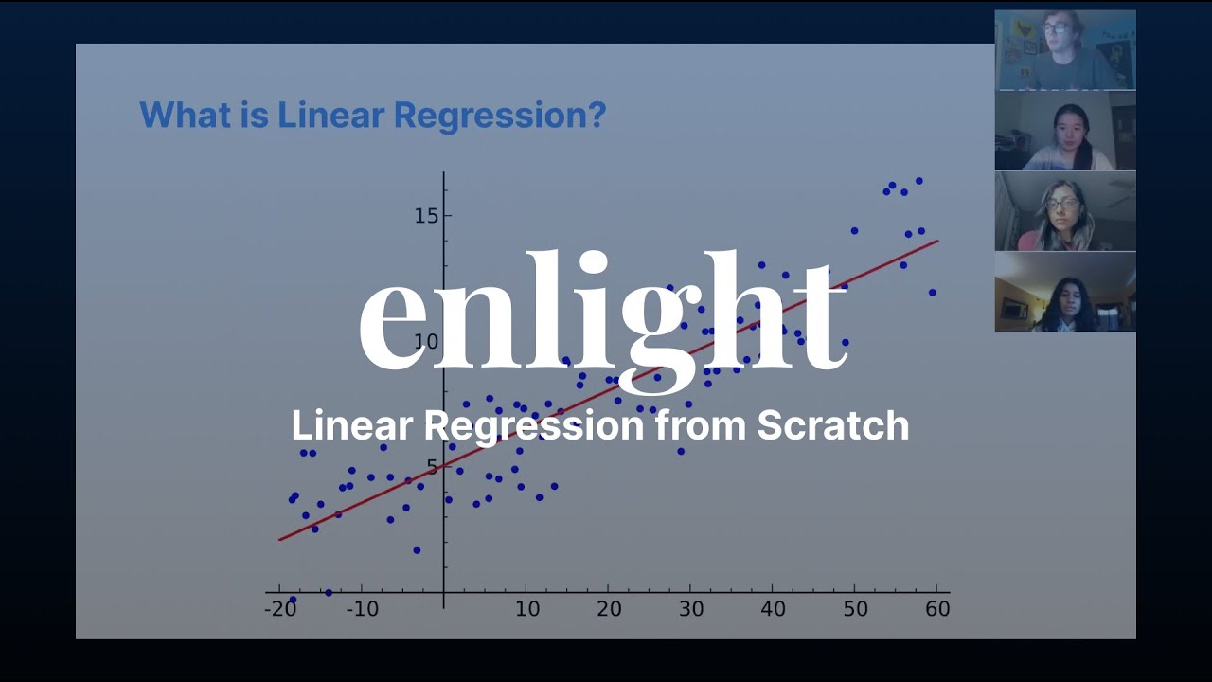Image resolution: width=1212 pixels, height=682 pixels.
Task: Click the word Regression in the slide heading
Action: click(499, 116)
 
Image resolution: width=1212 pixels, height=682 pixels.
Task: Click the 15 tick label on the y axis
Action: click(426, 215)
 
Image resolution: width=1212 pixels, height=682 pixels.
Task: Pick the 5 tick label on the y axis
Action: click(432, 467)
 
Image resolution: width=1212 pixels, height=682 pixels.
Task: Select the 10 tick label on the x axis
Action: click(526, 609)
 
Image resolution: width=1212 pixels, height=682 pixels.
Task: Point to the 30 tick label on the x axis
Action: click(691, 609)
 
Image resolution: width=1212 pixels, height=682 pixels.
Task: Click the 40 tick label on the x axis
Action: click(773, 609)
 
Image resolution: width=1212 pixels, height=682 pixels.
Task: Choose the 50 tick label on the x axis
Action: click(855, 609)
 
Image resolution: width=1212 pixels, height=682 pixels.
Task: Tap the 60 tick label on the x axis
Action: click(937, 609)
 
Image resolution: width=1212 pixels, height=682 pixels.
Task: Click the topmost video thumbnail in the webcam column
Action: click(1064, 50)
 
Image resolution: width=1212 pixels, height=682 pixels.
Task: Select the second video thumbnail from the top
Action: click(1064, 131)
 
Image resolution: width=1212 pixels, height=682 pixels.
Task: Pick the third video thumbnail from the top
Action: click(1064, 211)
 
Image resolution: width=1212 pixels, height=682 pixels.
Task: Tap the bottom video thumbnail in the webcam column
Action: click(1064, 292)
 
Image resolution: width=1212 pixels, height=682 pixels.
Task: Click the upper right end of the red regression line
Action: click(936, 241)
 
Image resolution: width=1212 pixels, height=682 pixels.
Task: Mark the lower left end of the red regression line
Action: click(280, 540)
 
